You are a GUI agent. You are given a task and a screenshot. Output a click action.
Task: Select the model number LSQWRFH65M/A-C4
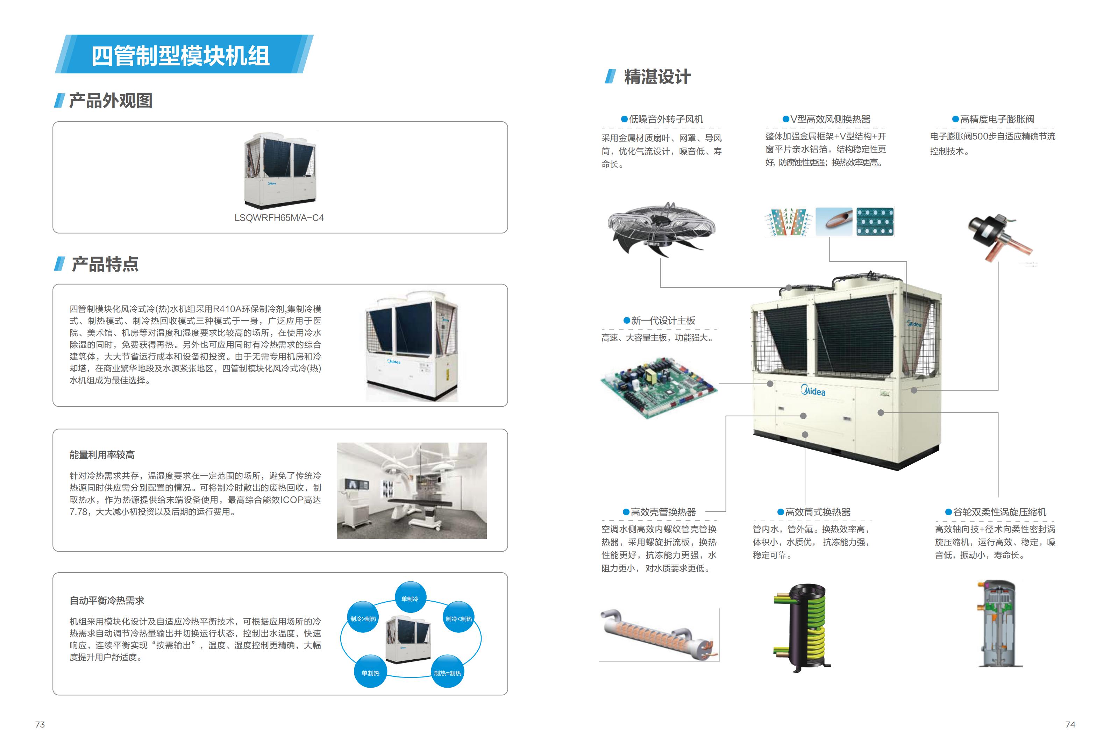(x=279, y=218)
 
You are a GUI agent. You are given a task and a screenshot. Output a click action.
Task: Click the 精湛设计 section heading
(x=657, y=77)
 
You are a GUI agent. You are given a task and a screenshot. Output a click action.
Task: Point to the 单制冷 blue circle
(x=410, y=598)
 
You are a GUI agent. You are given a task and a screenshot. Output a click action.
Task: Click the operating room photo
(x=411, y=490)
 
